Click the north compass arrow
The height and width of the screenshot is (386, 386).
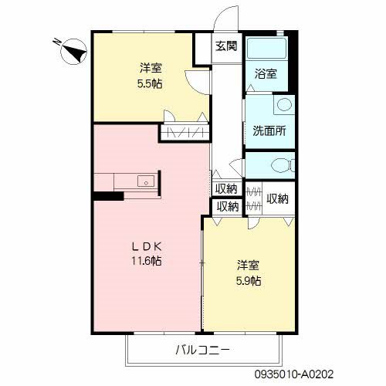pyautogui.click(x=73, y=52)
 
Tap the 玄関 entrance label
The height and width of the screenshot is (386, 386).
pyautogui.click(x=227, y=46)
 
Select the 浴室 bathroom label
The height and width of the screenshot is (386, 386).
pyautogui.click(x=267, y=74)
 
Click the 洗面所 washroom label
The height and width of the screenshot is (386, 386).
pyautogui.click(x=269, y=130)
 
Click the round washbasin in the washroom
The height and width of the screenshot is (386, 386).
pyautogui.click(x=283, y=105)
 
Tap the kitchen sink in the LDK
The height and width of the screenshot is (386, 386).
pyautogui.click(x=144, y=183)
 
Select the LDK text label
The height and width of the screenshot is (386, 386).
pyautogui.click(x=145, y=246)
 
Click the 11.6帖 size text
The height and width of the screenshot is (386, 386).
pyautogui.click(x=145, y=261)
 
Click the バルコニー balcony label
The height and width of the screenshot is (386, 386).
pyautogui.click(x=201, y=350)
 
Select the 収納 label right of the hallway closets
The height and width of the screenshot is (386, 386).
pyautogui.click(x=277, y=198)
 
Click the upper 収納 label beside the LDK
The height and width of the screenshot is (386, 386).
pyautogui.click(x=227, y=189)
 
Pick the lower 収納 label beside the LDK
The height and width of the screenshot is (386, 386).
pyautogui.click(x=227, y=206)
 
